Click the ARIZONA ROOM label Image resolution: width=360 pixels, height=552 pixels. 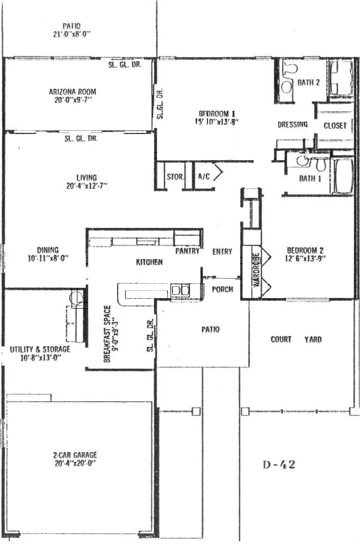pyautogui.click(x=73, y=92)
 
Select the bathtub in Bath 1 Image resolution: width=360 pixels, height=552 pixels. pyautogui.click(x=344, y=176)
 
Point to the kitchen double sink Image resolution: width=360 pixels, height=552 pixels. pyautogui.click(x=180, y=290)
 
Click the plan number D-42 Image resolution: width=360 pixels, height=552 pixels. pyautogui.click(x=279, y=465)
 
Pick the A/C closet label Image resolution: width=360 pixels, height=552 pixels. pyautogui.click(x=204, y=177)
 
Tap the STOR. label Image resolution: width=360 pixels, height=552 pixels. pyautogui.click(x=175, y=177)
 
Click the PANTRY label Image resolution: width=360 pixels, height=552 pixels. pyautogui.click(x=187, y=251)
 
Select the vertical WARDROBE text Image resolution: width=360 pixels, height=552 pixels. pyautogui.click(x=256, y=270)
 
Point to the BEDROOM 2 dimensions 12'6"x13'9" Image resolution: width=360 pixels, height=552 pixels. pyautogui.click(x=305, y=258)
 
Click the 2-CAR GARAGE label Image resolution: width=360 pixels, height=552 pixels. pyautogui.click(x=75, y=455)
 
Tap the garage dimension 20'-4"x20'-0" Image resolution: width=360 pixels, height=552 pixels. pyautogui.click(x=75, y=463)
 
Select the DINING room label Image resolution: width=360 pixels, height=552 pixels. pyautogui.click(x=48, y=250)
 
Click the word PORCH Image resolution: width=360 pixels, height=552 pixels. pyautogui.click(x=222, y=289)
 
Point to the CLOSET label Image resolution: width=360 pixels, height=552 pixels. pyautogui.click(x=335, y=126)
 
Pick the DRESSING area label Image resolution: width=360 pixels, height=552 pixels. pyautogui.click(x=293, y=124)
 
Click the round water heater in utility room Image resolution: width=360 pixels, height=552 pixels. pyautogui.click(x=76, y=297)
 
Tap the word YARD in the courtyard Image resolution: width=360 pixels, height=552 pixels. pyautogui.click(x=313, y=339)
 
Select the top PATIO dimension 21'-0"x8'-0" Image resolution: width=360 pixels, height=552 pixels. pyautogui.click(x=72, y=34)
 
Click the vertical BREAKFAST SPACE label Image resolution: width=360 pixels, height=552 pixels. pyautogui.click(x=107, y=334)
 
